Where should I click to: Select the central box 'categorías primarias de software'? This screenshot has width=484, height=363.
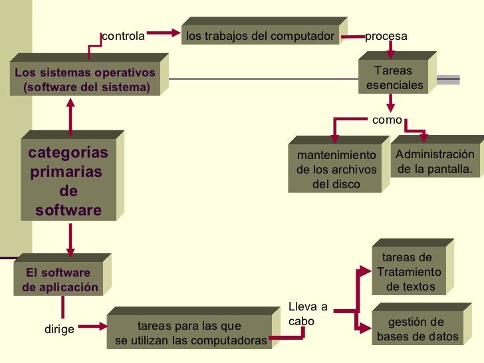click(x=68, y=181)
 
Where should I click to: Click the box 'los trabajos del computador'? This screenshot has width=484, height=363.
click(x=259, y=36)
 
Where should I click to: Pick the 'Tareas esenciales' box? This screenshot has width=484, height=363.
click(x=394, y=78)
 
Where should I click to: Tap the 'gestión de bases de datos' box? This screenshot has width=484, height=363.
click(x=417, y=329)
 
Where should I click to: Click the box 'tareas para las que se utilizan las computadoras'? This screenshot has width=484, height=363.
click(x=190, y=334)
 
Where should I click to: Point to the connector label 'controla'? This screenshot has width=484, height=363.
click(x=123, y=36)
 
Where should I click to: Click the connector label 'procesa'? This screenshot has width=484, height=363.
click(x=386, y=36)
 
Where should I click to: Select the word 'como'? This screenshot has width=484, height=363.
click(x=387, y=120)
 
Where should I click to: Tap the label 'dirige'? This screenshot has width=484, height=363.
click(x=59, y=329)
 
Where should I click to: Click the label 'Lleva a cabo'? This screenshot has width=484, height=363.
click(x=308, y=314)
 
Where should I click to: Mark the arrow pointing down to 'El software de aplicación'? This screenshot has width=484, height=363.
click(x=70, y=237)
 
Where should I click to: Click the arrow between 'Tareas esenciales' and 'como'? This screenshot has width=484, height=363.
click(x=391, y=102)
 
